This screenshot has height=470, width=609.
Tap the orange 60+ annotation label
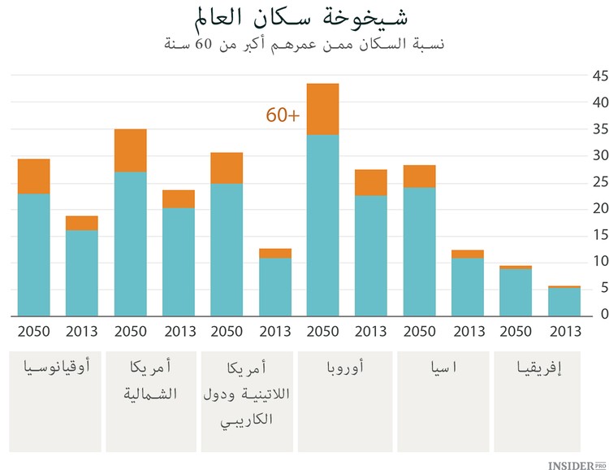click(283, 115)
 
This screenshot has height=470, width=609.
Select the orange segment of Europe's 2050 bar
click(322, 109)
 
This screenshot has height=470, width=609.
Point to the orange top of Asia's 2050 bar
click(419, 176)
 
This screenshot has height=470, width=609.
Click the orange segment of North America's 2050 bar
click(130, 150)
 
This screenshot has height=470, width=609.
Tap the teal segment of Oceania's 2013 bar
click(81, 272)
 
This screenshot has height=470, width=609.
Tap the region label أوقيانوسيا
click(55, 368)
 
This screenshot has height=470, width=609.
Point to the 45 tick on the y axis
click(600, 76)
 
